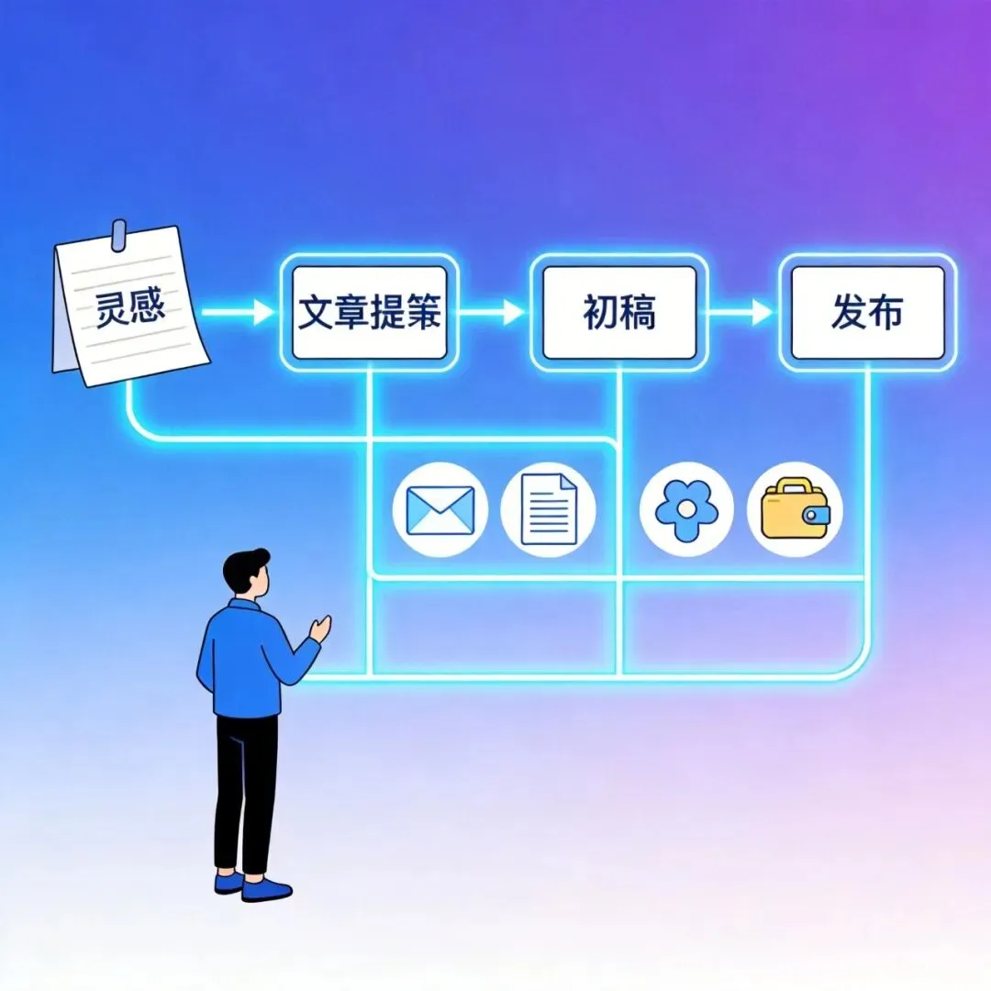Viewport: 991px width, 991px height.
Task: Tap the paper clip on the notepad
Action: [x=117, y=236]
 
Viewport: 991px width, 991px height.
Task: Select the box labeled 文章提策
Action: [x=369, y=313]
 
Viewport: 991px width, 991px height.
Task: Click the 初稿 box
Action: [x=619, y=313]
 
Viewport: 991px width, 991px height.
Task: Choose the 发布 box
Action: [x=867, y=313]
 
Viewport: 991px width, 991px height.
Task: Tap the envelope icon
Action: [x=440, y=509]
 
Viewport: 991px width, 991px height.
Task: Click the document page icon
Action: [x=549, y=509]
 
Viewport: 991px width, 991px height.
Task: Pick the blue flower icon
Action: [x=686, y=509]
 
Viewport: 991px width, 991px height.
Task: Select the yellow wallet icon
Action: [x=795, y=509]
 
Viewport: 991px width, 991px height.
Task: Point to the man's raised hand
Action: [x=320, y=628]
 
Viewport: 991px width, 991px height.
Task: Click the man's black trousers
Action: [x=245, y=789]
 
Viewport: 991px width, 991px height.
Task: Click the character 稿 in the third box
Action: [x=640, y=313]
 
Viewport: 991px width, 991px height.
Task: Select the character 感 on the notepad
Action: [x=148, y=306]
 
